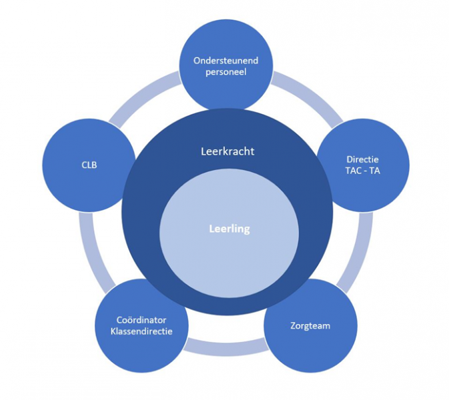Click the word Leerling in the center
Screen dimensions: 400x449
coord(229,229)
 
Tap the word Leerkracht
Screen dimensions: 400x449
coord(228,151)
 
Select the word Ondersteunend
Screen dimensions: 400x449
coord(226,61)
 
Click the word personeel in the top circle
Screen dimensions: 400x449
coord(226,72)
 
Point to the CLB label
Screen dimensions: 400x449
coord(88,164)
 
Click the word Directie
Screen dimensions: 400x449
coord(363,160)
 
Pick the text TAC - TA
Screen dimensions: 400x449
coord(363,171)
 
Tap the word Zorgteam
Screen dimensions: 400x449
coord(310,326)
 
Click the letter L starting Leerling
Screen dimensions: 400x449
coord(211,229)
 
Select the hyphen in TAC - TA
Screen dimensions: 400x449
coord(363,171)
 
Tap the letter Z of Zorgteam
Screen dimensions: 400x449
coord(294,326)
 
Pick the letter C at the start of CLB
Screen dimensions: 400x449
coord(83,164)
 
